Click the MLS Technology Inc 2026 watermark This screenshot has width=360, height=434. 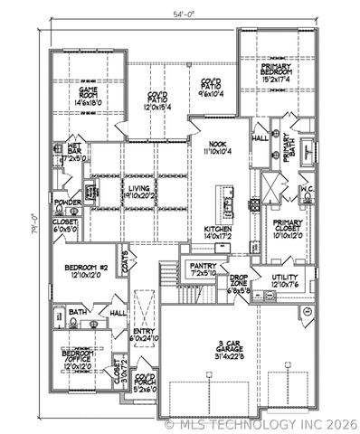tap(262, 423)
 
